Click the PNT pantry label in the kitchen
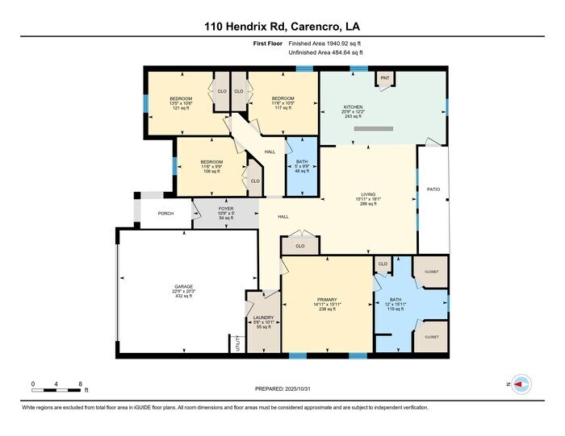click(x=384, y=78)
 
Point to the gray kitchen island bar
click(x=373, y=128)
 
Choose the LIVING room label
click(x=368, y=194)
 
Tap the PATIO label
click(x=433, y=190)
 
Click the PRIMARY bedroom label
click(x=327, y=299)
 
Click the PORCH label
click(x=165, y=214)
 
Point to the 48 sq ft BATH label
click(x=303, y=166)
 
